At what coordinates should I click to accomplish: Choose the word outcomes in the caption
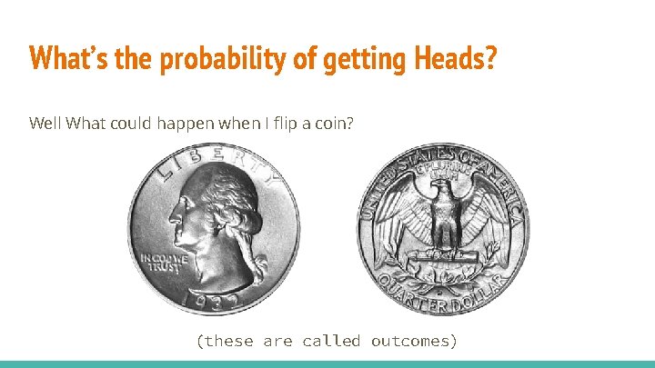[414, 341]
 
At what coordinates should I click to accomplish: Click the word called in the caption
[332, 341]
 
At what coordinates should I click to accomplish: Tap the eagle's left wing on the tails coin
[487, 218]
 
